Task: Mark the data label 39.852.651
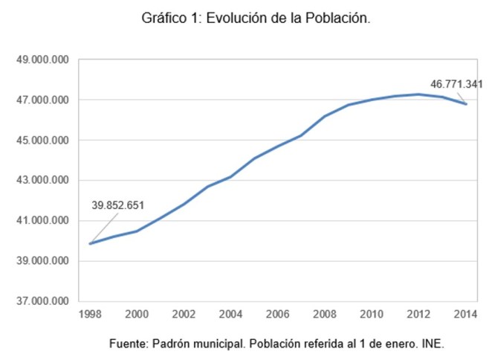click(x=117, y=205)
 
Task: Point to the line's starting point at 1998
click(x=90, y=243)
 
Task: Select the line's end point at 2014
click(x=466, y=104)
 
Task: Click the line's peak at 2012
click(x=419, y=94)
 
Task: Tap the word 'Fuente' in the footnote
click(x=129, y=344)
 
